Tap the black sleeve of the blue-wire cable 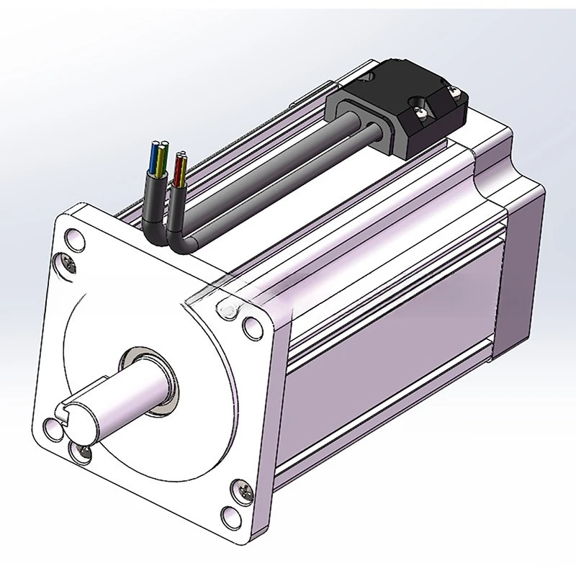(x=153, y=194)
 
